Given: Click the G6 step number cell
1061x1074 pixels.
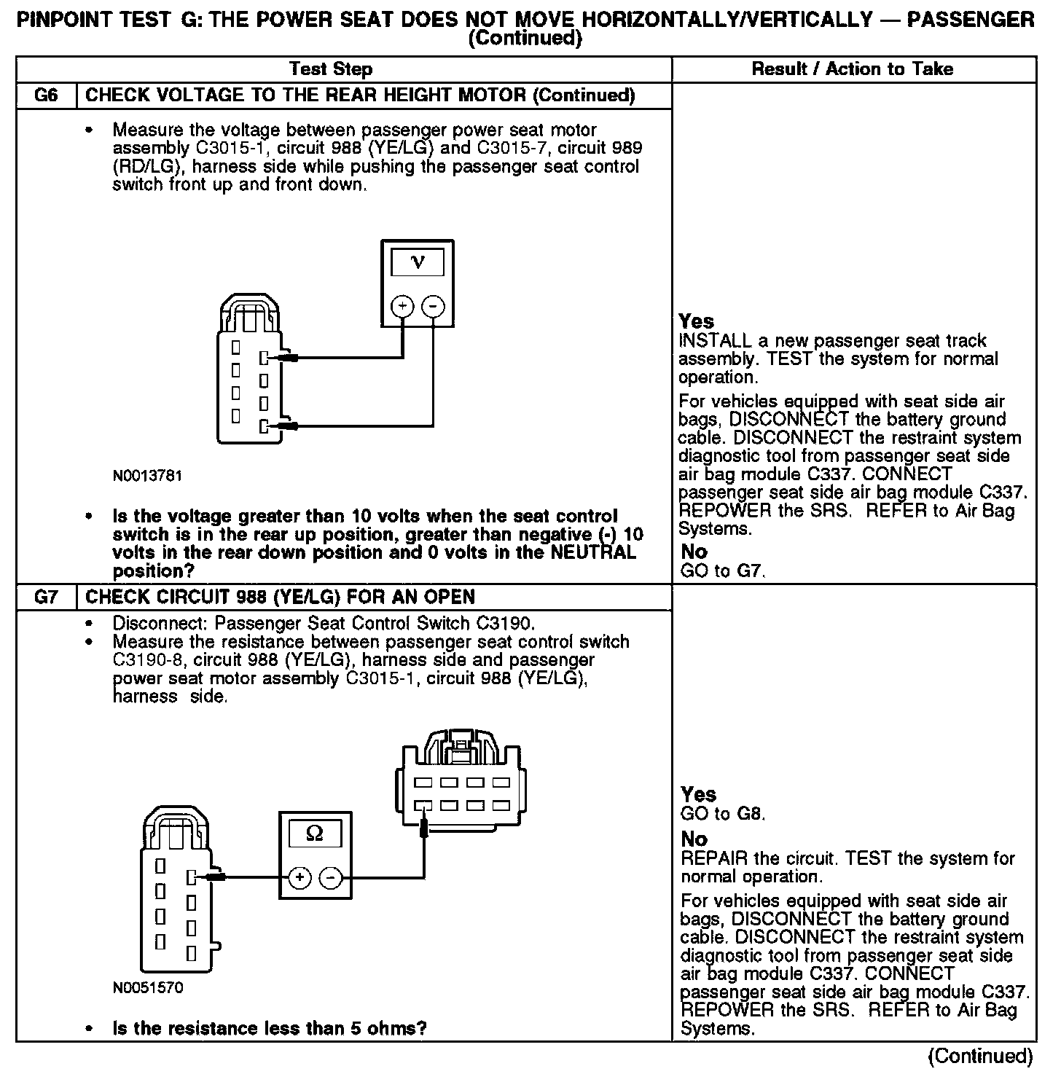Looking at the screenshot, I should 46,95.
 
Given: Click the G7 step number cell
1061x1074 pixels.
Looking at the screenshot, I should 46,597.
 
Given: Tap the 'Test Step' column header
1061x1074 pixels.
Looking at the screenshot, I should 331,69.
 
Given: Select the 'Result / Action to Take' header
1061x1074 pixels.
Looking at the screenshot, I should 852,69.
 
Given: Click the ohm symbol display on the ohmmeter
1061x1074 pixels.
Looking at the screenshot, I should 315,834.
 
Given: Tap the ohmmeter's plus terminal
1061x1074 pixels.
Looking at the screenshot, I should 299,878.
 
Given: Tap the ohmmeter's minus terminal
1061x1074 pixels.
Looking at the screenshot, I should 331,878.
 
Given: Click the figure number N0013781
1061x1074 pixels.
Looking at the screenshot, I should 147,476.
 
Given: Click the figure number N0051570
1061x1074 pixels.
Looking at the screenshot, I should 148,988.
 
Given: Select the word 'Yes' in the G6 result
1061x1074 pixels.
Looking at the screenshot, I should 696,321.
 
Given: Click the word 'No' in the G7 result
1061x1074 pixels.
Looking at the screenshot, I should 694,839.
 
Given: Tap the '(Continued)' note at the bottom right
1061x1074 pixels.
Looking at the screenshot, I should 980,1056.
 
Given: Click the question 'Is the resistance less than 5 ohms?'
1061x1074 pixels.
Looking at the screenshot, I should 269,1028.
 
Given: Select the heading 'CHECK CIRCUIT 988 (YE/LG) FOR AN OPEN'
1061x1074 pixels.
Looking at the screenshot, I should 281,597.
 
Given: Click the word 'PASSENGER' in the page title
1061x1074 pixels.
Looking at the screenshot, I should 970,20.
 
